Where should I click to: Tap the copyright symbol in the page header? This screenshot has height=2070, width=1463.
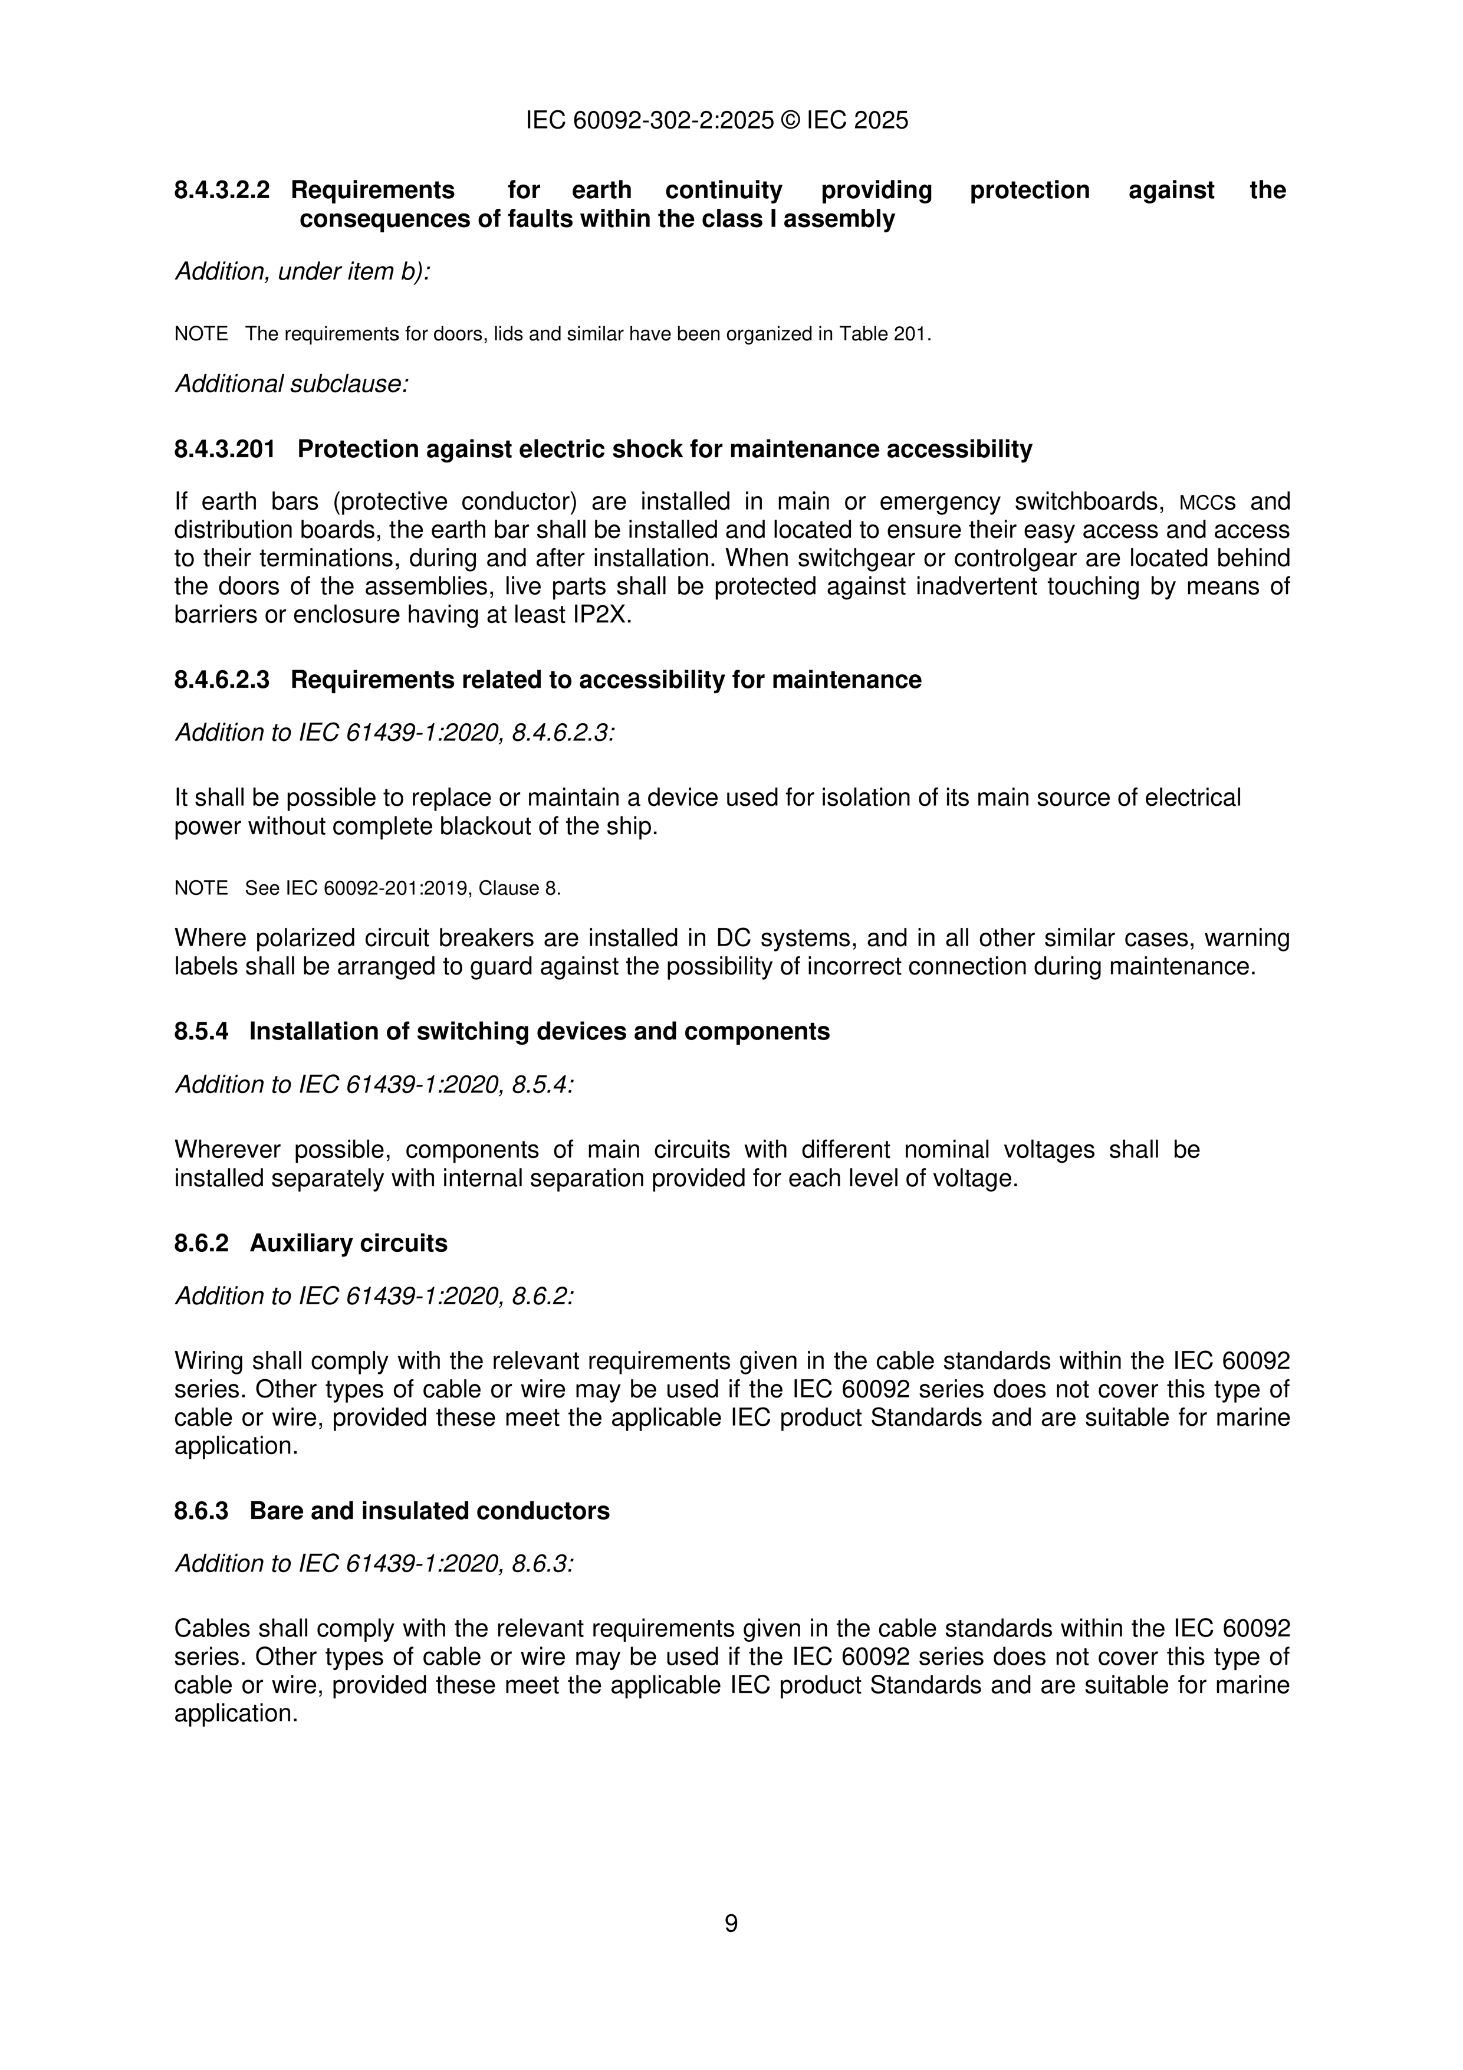coord(790,121)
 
